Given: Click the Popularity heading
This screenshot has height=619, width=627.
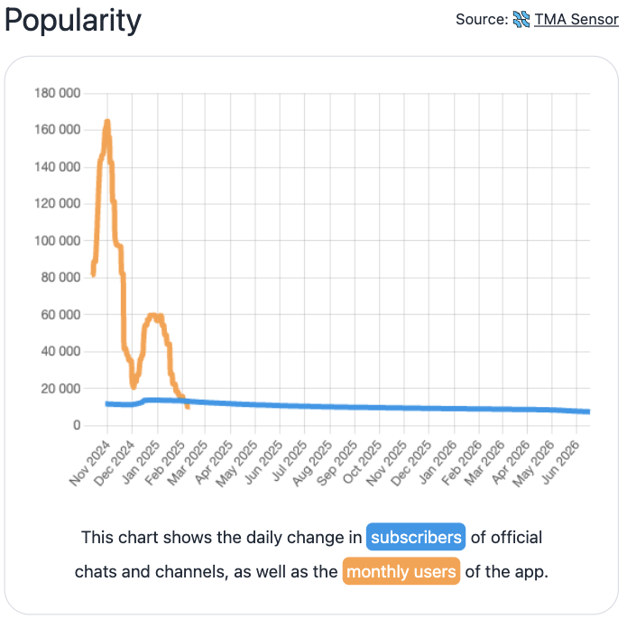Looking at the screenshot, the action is pos(73,21).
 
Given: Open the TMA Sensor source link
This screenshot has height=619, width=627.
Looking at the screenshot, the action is pos(576,19).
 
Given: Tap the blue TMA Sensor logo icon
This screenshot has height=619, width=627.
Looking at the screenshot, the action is pos(521,19).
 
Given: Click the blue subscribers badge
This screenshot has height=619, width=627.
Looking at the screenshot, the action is pos(416,537).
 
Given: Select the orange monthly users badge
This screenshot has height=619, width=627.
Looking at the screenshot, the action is pos(401,571).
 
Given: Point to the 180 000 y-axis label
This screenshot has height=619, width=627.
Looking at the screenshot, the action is pos(57,93).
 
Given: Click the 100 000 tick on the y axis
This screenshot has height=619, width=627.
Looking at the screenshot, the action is pos(57,241).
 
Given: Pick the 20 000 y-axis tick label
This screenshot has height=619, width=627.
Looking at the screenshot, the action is pos(60,388).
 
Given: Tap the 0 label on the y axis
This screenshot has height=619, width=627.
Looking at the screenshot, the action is pos(77,425).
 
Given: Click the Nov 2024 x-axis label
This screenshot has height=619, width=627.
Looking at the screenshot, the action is pos(89,464).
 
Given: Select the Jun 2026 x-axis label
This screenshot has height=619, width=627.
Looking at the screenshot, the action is pos(560,463).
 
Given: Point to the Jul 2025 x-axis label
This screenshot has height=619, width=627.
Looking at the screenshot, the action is pos(289,461).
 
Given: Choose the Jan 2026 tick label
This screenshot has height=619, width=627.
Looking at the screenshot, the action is pos(437,463).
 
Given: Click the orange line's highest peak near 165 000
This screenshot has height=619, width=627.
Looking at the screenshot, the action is pos(106,121).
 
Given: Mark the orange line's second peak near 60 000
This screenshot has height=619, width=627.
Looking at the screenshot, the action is pos(152,316).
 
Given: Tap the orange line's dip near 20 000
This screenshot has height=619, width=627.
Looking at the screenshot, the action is pos(134,386).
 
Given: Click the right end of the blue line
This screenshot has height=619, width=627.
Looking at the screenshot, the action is pos(589,411).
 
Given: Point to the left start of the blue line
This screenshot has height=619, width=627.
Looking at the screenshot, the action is pos(106,404).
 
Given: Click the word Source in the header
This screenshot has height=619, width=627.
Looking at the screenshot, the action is pos(482,19).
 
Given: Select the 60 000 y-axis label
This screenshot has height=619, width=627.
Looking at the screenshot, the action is pos(60,315).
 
